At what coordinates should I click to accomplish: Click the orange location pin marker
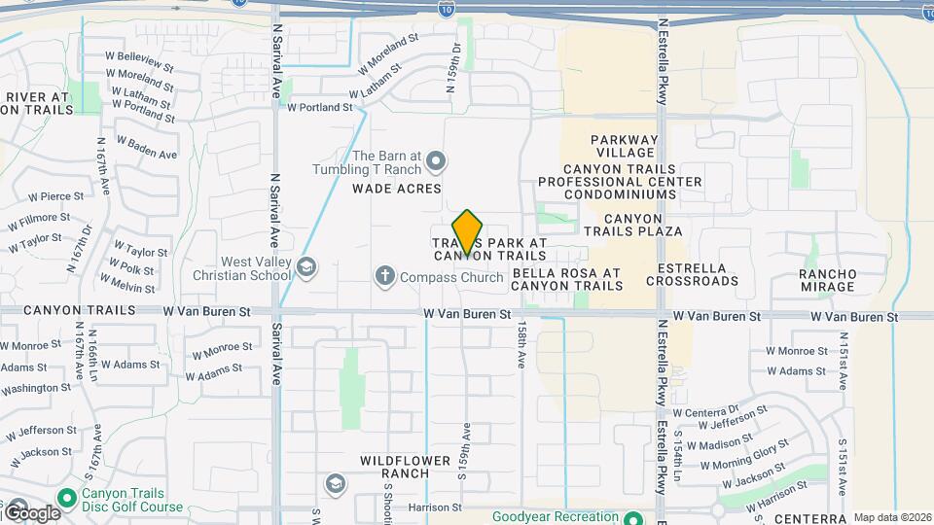tap(468, 232)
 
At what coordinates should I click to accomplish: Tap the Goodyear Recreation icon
tap(633, 517)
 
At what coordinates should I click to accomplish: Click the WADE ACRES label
tap(397, 189)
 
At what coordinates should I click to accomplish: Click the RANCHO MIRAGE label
tap(828, 280)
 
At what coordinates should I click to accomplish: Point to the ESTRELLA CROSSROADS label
tap(698, 274)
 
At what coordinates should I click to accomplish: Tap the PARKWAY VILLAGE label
tap(625, 146)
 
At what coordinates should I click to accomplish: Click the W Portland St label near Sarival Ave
tap(319, 107)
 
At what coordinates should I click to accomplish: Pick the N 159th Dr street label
tap(453, 67)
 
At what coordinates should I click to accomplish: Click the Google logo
tap(31, 512)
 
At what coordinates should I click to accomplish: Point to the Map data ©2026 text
tap(892, 517)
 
